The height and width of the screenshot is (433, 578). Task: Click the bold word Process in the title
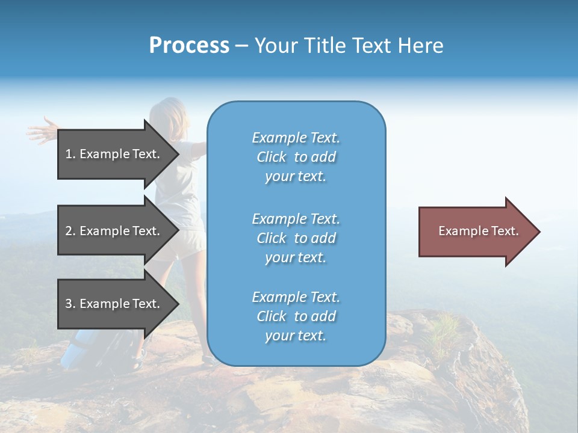tap(189, 46)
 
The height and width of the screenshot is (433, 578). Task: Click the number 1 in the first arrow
tap(69, 154)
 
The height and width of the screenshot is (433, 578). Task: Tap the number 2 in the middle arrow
tap(69, 231)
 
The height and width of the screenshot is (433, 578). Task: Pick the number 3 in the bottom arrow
tap(69, 304)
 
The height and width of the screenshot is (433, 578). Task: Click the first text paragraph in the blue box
tap(296, 157)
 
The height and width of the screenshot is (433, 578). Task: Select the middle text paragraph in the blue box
tap(296, 238)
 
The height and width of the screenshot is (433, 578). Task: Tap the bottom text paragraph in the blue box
tap(296, 316)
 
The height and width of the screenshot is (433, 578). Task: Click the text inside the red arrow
tap(478, 231)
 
